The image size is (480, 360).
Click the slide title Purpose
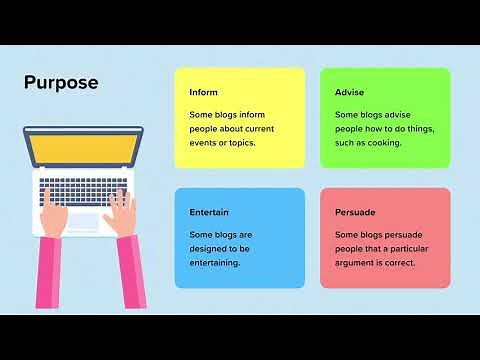point(61,83)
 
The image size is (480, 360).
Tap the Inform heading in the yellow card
point(203,93)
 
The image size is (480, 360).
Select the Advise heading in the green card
point(350,93)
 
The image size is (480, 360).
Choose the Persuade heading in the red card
point(355,213)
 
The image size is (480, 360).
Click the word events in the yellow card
point(204,142)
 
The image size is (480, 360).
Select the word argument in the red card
point(357,262)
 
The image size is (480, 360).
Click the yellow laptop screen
point(83,148)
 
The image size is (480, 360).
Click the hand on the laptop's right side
point(121,211)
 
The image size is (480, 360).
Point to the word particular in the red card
point(416,248)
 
